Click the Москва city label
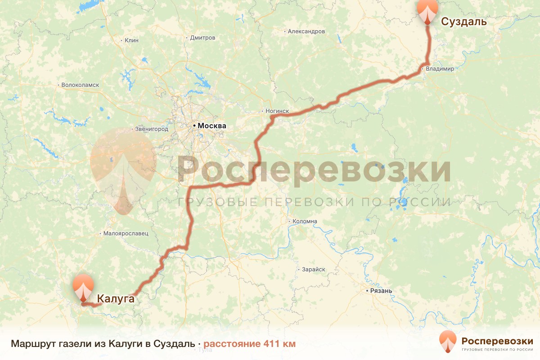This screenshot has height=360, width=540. click(212, 126)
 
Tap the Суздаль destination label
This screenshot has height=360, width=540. click(463, 22)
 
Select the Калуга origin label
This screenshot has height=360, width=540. click(116, 298)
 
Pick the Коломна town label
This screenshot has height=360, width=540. click(305, 221)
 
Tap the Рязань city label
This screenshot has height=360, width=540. click(381, 291)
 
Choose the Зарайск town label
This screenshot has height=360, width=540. click(313, 269)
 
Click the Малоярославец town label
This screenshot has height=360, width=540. click(126, 234)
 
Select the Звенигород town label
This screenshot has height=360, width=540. click(152, 129)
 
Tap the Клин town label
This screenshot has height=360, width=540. click(131, 40)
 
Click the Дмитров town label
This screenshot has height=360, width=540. click(202, 38)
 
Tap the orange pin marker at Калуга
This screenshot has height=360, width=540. click(84, 287)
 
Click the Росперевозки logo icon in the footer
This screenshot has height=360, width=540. click(448, 341)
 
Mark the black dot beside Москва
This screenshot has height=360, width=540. click(194, 126)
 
